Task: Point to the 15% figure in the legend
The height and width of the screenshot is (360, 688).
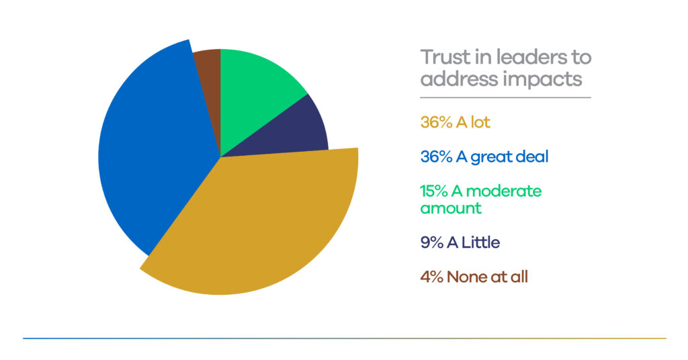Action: [432, 191]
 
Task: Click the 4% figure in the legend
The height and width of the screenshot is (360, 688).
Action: [429, 276]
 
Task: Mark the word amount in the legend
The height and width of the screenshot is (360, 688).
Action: [451, 208]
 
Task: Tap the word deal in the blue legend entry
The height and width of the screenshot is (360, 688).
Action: [533, 156]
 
